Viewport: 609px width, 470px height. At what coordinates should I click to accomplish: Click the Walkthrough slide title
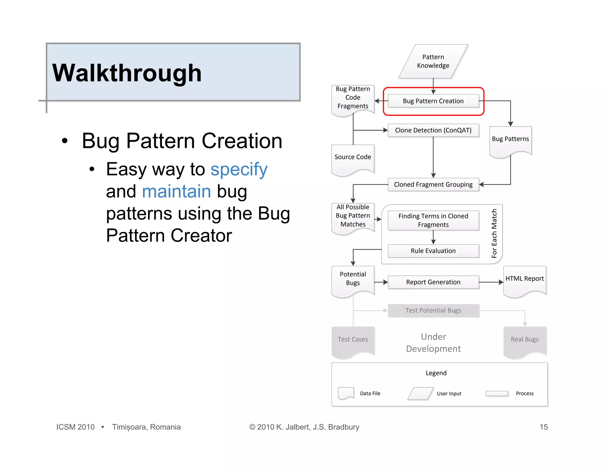tap(127, 73)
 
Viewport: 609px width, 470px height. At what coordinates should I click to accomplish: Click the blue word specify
tap(239, 169)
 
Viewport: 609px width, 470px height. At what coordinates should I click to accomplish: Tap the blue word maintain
tap(176, 191)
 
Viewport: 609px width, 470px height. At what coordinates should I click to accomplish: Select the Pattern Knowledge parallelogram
tap(433, 61)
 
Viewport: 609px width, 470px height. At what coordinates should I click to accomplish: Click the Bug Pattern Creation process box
tap(433, 101)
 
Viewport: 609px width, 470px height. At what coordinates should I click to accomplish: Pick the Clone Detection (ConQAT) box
tap(433, 130)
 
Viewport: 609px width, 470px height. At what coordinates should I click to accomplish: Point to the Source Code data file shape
tap(353, 159)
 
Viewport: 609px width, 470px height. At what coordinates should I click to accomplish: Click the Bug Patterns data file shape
tap(510, 141)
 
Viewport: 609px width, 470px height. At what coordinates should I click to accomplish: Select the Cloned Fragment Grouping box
tap(433, 184)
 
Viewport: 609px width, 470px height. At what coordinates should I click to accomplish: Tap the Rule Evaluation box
tap(433, 251)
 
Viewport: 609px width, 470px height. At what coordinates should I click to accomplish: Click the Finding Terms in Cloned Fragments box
tap(433, 220)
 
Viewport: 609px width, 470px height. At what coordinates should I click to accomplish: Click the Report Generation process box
tap(433, 282)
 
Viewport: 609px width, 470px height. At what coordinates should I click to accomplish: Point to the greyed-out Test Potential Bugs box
tap(433, 311)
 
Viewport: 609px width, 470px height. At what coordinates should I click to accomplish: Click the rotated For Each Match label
tap(494, 234)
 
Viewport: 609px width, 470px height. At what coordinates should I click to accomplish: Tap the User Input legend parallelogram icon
tap(420, 394)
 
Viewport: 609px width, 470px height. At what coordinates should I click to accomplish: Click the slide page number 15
tap(543, 427)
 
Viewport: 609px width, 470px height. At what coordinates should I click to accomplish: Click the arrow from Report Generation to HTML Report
tap(491, 282)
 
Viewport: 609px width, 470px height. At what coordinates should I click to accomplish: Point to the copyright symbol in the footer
tap(252, 427)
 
